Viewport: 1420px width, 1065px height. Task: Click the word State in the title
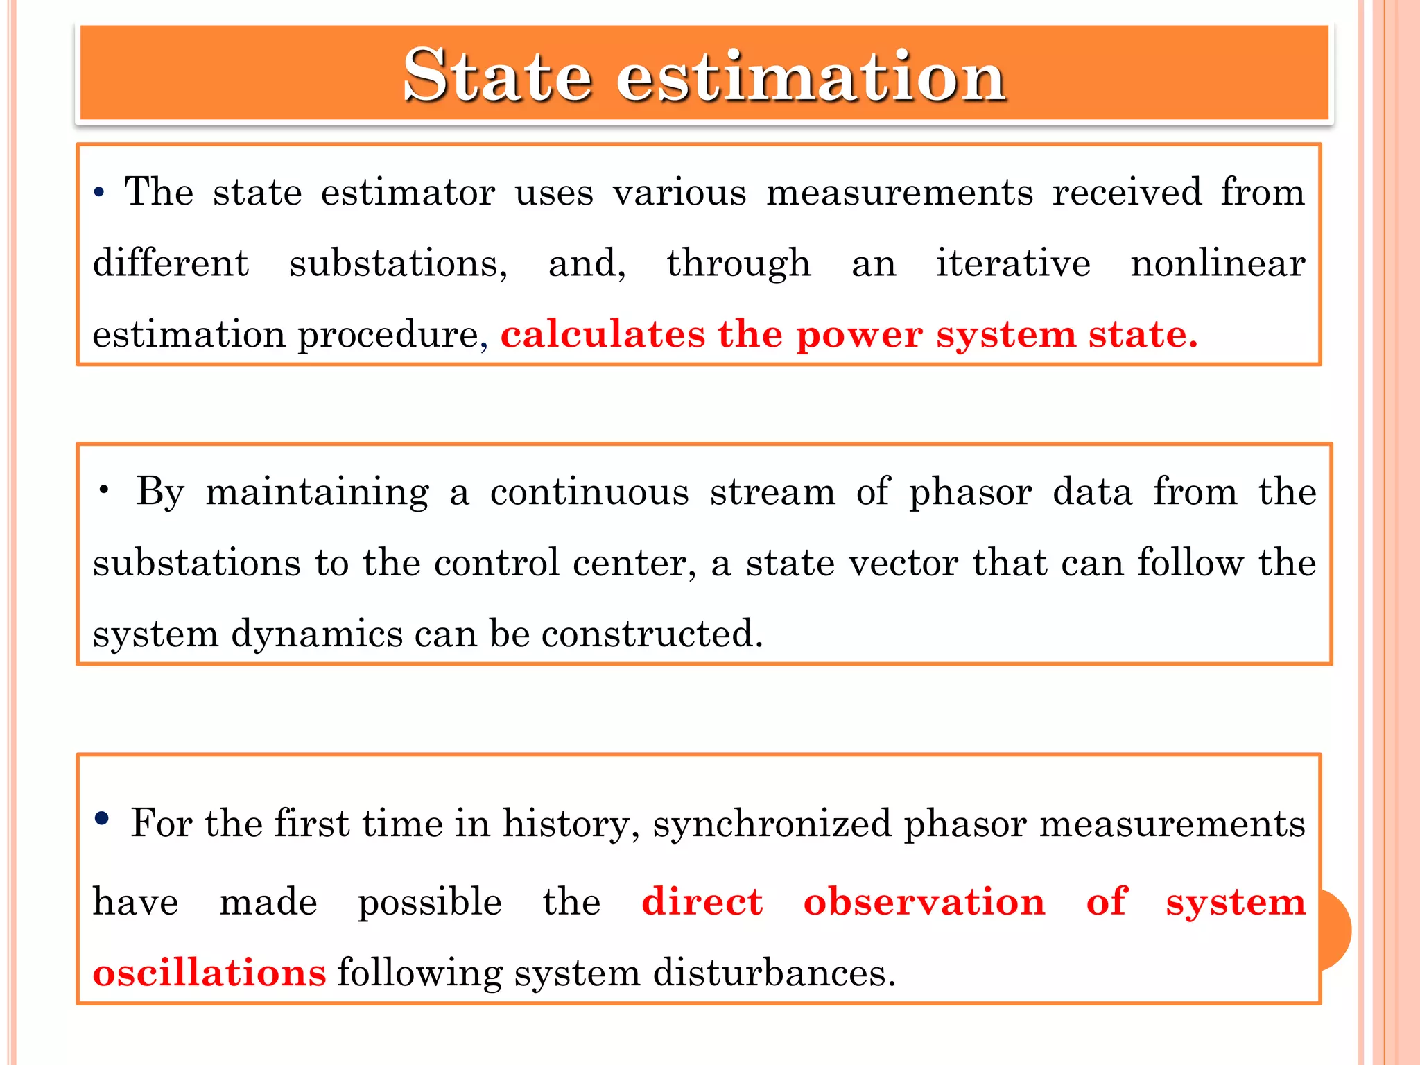click(497, 76)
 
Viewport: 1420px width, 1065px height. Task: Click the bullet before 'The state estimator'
click(99, 193)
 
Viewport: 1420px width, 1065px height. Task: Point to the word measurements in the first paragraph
click(899, 192)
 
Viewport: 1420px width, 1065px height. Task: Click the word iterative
click(1013, 263)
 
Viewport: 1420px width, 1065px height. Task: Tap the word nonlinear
click(1218, 263)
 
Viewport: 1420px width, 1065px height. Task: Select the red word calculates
click(602, 334)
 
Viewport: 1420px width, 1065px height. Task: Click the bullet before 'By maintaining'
click(104, 491)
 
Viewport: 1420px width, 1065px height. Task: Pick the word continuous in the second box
click(589, 492)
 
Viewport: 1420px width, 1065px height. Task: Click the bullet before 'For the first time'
click(102, 819)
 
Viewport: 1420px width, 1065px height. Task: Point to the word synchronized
click(772, 824)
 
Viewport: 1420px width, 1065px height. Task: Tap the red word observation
click(924, 902)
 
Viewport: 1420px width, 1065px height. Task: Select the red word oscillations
click(209, 973)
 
